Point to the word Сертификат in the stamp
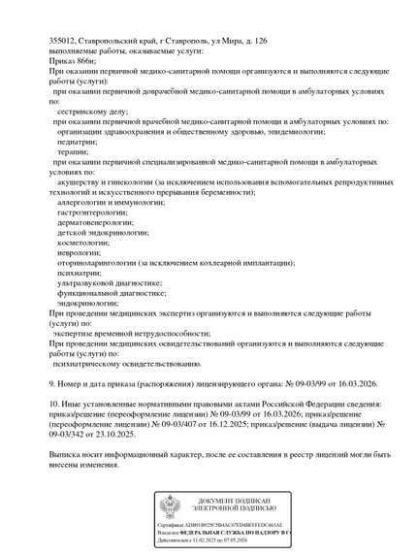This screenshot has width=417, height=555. coord(176,526)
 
